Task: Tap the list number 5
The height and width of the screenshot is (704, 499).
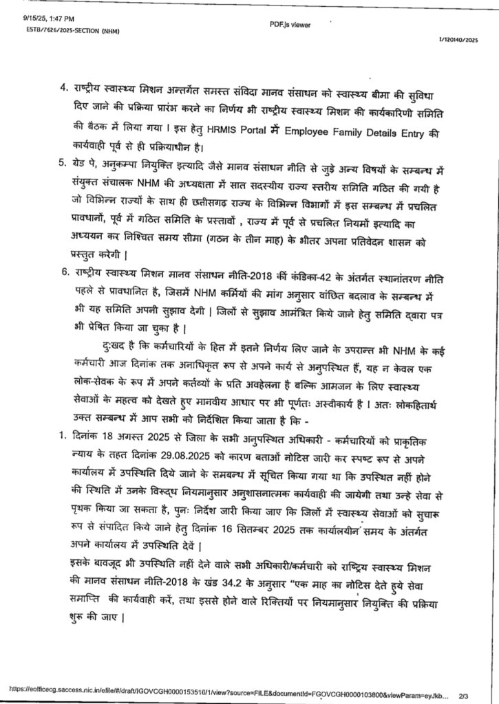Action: coord(63,162)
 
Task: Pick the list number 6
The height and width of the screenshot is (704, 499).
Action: coord(63,273)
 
